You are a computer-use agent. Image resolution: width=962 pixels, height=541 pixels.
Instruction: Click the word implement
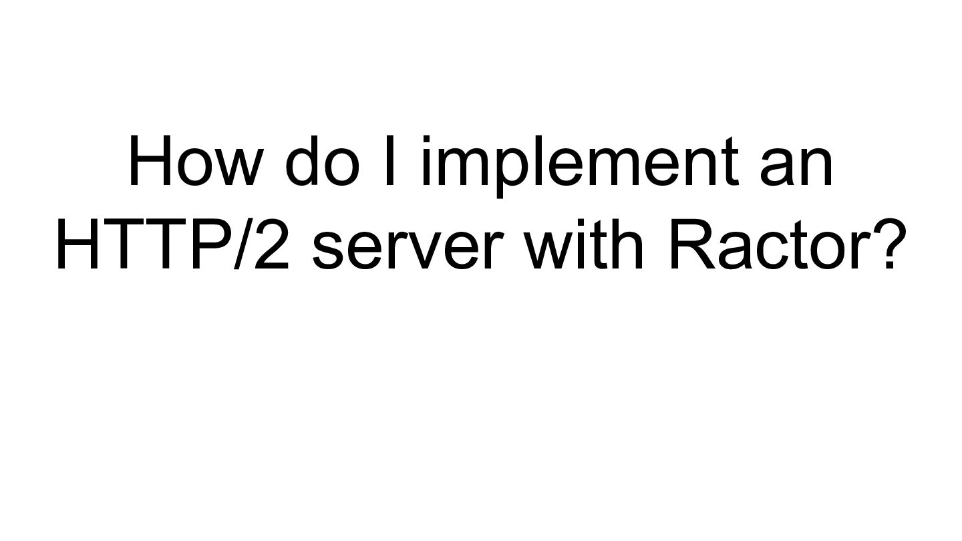578,162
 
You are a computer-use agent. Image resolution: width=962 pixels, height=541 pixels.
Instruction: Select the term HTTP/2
172,244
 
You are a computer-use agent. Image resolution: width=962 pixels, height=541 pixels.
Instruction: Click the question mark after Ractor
880,244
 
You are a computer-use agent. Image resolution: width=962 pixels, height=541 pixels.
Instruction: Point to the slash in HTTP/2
242,244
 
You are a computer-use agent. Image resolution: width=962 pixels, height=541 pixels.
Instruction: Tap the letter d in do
305,162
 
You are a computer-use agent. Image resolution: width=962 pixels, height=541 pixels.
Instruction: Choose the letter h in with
627,244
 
